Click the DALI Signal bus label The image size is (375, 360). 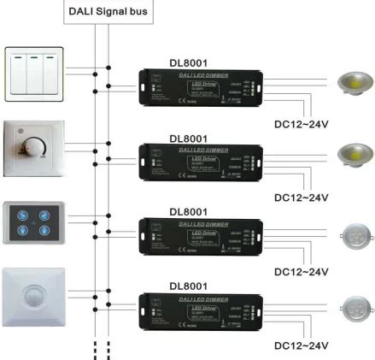[102, 11]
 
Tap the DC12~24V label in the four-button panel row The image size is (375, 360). [301, 271]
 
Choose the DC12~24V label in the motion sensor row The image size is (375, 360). [301, 345]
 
